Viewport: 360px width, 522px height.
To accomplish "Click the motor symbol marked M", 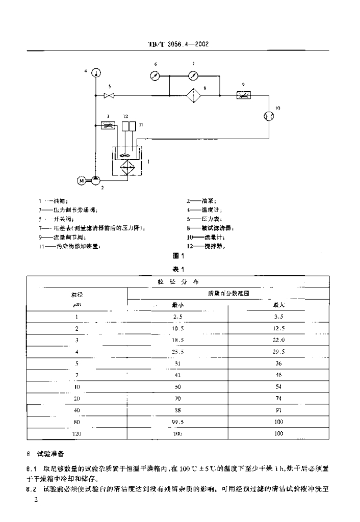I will click(x=80, y=180).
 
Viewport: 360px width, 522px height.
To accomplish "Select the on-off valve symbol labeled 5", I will click(x=109, y=95).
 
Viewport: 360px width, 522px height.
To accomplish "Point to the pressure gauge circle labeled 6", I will click(x=156, y=75).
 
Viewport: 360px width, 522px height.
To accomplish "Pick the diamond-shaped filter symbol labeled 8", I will click(x=193, y=95).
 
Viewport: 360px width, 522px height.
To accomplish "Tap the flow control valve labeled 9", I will click(x=243, y=95).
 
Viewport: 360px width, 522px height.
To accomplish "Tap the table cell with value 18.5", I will click(x=177, y=340).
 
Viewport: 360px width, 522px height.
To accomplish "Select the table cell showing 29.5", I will click(x=278, y=351).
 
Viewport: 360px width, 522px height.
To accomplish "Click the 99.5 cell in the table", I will click(x=177, y=422).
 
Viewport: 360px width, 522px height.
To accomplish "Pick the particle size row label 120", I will click(x=76, y=434).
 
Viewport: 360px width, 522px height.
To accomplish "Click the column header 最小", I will click(x=177, y=305).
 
